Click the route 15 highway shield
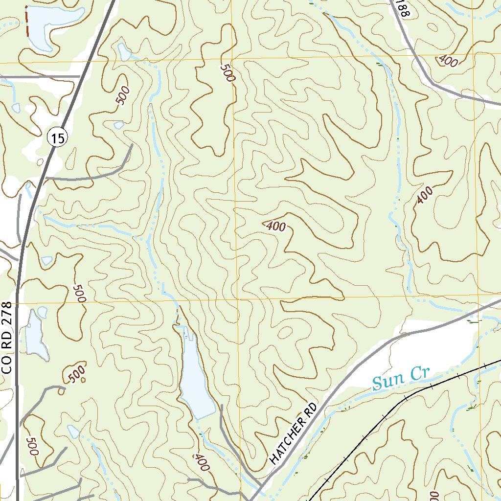point(57,138)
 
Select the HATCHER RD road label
point(294,434)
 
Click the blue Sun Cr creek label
point(400,378)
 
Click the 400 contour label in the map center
point(276,227)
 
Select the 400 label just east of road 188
point(448,61)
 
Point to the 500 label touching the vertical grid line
point(227,74)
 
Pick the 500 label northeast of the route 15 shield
point(123,96)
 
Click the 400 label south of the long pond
point(201,462)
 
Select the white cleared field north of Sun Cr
point(435,342)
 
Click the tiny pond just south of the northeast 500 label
point(118,125)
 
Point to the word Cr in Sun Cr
point(419,374)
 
